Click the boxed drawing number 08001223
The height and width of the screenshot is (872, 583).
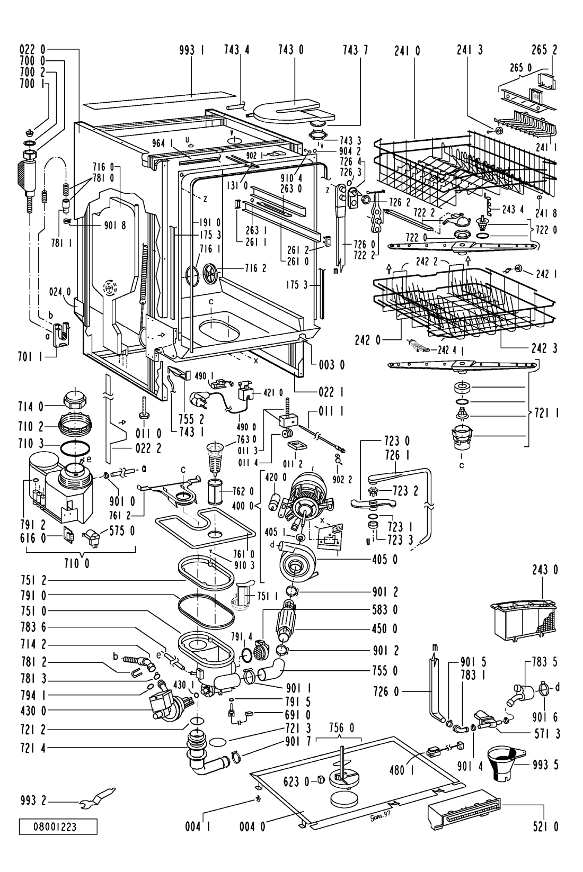[58, 826]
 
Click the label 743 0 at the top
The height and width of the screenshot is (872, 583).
[291, 50]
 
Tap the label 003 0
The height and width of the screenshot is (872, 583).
[332, 365]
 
